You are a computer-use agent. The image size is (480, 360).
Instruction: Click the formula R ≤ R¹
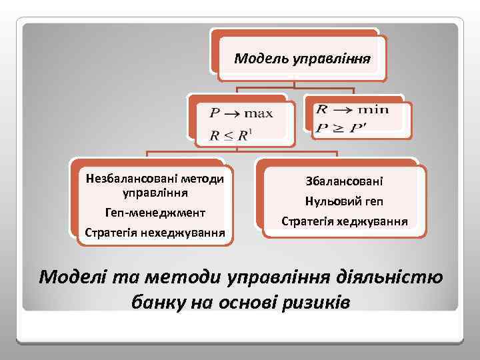[229, 136]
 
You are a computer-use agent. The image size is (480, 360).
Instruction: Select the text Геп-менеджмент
[155, 213]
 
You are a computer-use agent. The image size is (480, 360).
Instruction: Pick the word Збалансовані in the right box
[344, 181]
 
